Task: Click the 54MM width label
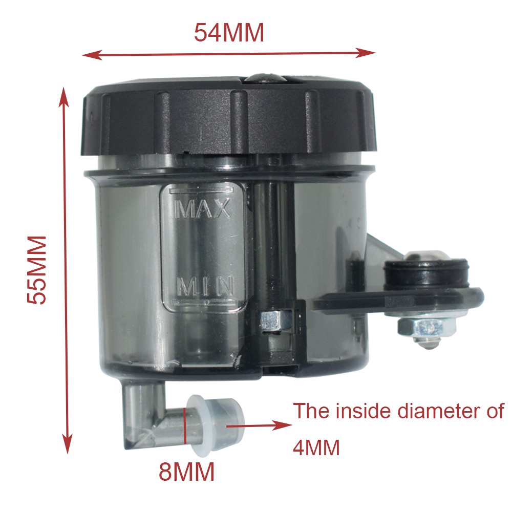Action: pyautogui.click(x=229, y=33)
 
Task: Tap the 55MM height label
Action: pyautogui.click(x=37, y=270)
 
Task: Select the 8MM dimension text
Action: pyautogui.click(x=186, y=472)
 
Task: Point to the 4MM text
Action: pyautogui.click(x=316, y=449)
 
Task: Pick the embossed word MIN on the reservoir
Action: pyautogui.click(x=205, y=286)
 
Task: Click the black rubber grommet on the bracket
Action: pyautogui.click(x=427, y=274)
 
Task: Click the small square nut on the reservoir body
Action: pyautogui.click(x=270, y=321)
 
